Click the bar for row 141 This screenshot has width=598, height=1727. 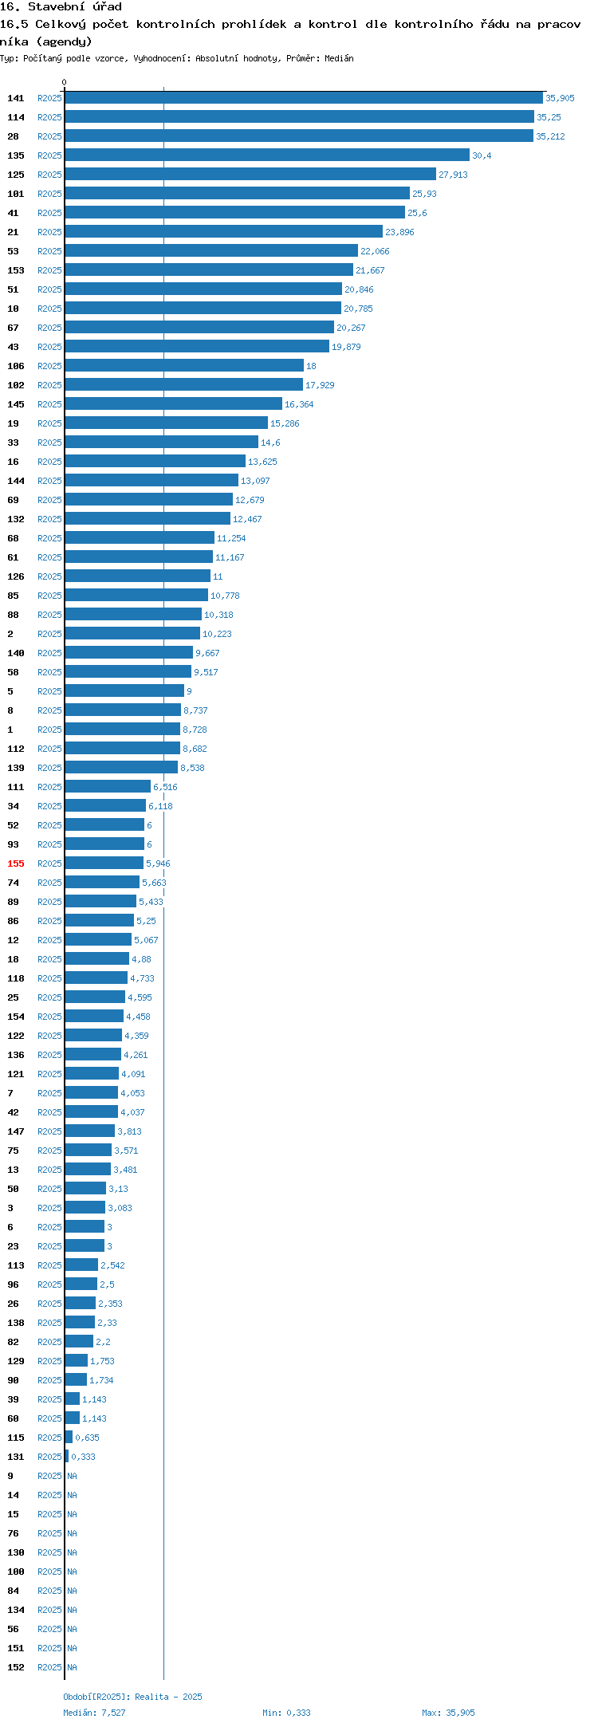tap(304, 97)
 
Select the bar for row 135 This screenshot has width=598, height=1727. tap(267, 155)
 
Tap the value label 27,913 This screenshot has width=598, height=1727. tap(453, 175)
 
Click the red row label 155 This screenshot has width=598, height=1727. tap(16, 863)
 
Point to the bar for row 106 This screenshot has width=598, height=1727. tap(184, 365)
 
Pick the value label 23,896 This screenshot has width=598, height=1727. tap(399, 232)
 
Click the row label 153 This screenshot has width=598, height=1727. tap(16, 270)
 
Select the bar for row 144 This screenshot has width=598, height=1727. tap(151, 480)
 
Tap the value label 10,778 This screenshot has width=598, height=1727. tap(225, 596)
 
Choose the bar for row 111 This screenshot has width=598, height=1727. tap(108, 786)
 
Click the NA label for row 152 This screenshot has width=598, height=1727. tap(72, 1667)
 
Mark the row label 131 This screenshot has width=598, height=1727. tap(16, 1457)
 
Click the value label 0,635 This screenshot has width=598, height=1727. tap(87, 1438)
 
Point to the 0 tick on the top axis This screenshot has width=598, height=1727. tap(65, 82)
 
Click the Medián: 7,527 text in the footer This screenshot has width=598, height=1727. tap(94, 1712)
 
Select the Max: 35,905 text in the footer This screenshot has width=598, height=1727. tap(448, 1712)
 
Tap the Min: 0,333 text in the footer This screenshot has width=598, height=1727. tap(286, 1712)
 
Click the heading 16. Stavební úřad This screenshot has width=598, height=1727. tap(61, 7)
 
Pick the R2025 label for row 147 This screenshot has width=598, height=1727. tap(49, 1131)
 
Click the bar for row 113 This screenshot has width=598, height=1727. tap(81, 1265)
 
